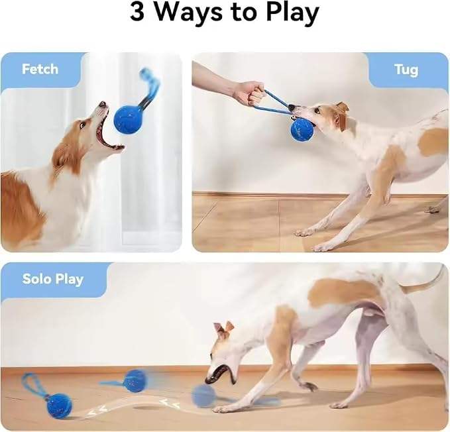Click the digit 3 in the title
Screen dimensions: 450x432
pyautogui.click(x=137, y=13)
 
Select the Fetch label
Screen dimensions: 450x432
pyautogui.click(x=40, y=69)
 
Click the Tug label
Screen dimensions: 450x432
pyautogui.click(x=406, y=70)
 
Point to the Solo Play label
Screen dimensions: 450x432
pyautogui.click(x=53, y=279)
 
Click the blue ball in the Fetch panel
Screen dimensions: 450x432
pyautogui.click(x=127, y=119)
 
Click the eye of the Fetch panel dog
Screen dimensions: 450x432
pyautogui.click(x=82, y=125)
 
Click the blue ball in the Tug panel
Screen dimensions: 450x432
pyautogui.click(x=303, y=130)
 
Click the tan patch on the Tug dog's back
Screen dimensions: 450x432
pyautogui.click(x=432, y=141)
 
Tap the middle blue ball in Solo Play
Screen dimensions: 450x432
pyautogui.click(x=135, y=381)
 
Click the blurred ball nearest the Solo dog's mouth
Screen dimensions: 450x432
pyautogui.click(x=203, y=396)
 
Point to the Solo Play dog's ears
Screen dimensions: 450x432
pyautogui.click(x=223, y=330)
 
